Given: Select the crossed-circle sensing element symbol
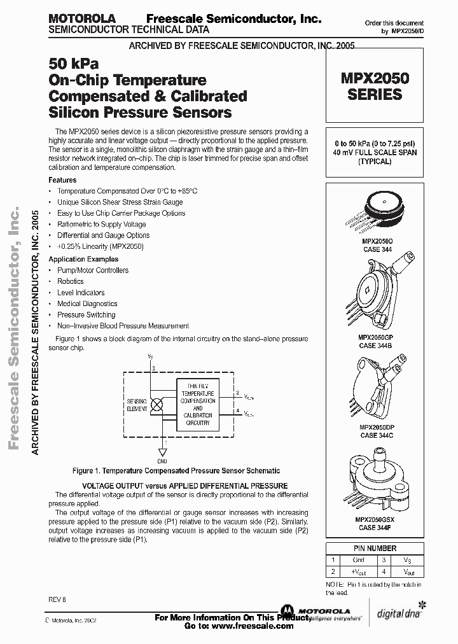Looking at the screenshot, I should click(153, 404).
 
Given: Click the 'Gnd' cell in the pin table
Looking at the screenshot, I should click(359, 561).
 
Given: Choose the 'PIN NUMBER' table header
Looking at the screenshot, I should click(375, 548).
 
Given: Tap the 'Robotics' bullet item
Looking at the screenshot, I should click(71, 281).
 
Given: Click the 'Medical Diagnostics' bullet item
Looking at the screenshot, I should click(87, 304).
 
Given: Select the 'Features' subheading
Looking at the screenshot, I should click(62, 180).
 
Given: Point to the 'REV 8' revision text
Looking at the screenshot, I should click(57, 600).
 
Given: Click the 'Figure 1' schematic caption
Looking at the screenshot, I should click(176, 471).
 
